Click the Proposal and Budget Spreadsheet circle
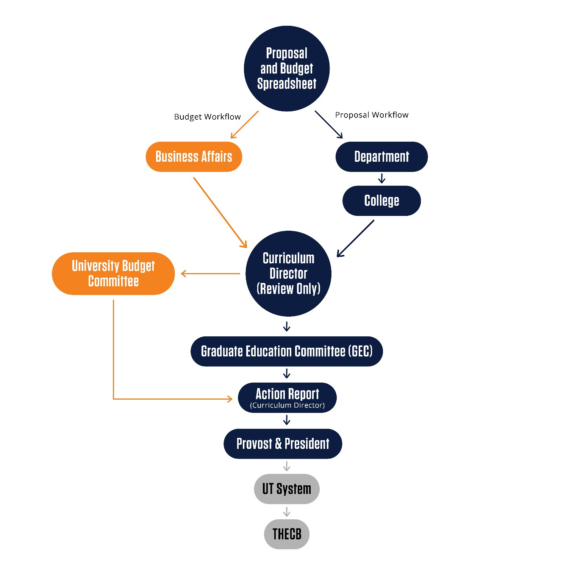[x=287, y=69]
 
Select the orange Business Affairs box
[x=194, y=157]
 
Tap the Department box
[x=381, y=157]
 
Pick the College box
[x=381, y=201]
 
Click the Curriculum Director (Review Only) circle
[x=288, y=273]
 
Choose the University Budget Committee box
[x=113, y=273]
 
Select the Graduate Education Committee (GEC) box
[x=287, y=352]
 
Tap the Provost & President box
[x=283, y=444]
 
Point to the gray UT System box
[x=287, y=489]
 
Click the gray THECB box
[x=287, y=534]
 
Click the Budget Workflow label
[x=207, y=117]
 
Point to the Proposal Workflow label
[x=372, y=115]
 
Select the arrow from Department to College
[x=382, y=178]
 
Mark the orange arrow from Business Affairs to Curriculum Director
[x=220, y=212]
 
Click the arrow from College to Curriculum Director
[x=355, y=239]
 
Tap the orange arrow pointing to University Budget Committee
[x=211, y=273]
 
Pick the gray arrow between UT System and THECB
[x=287, y=512]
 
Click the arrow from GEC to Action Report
[x=287, y=374]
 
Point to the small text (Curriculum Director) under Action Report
[x=287, y=405]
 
